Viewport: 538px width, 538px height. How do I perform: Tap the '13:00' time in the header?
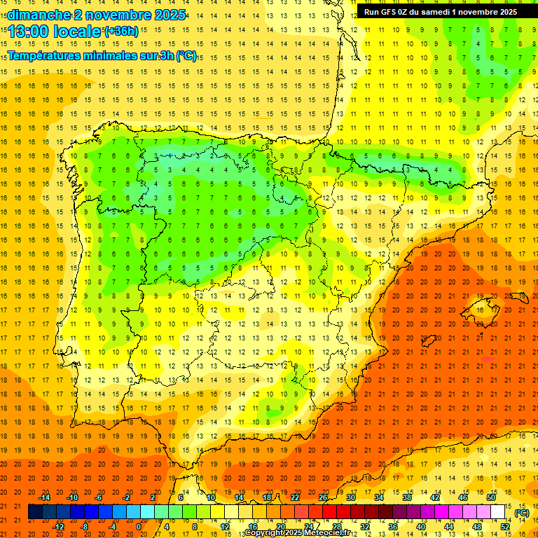(29, 32)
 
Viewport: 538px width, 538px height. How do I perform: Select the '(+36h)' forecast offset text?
(121, 31)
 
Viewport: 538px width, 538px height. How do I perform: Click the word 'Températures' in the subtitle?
(46, 55)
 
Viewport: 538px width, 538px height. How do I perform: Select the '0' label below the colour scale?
(139, 527)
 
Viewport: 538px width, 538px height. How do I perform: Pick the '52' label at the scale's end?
(505, 527)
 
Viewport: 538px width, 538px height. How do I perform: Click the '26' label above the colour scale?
(323, 497)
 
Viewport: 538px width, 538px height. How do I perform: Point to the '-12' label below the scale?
(59, 527)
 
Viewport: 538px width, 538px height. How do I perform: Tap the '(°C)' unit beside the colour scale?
(522, 513)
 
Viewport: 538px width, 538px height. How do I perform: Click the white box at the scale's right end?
(498, 512)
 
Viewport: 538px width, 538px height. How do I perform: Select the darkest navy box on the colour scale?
(35, 512)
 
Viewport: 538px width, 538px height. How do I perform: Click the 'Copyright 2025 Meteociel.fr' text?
(297, 533)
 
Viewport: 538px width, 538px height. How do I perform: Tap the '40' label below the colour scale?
(420, 527)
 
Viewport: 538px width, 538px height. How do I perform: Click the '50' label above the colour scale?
(490, 497)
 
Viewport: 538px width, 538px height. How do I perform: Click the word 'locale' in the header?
(77, 32)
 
